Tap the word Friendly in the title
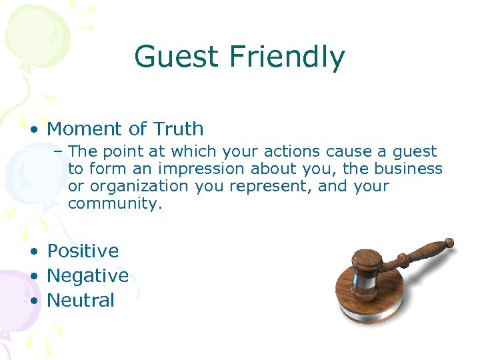[287, 57]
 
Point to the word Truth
[178, 129]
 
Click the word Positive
[83, 251]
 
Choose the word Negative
[87, 275]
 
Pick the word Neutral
[81, 300]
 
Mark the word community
[115, 203]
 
